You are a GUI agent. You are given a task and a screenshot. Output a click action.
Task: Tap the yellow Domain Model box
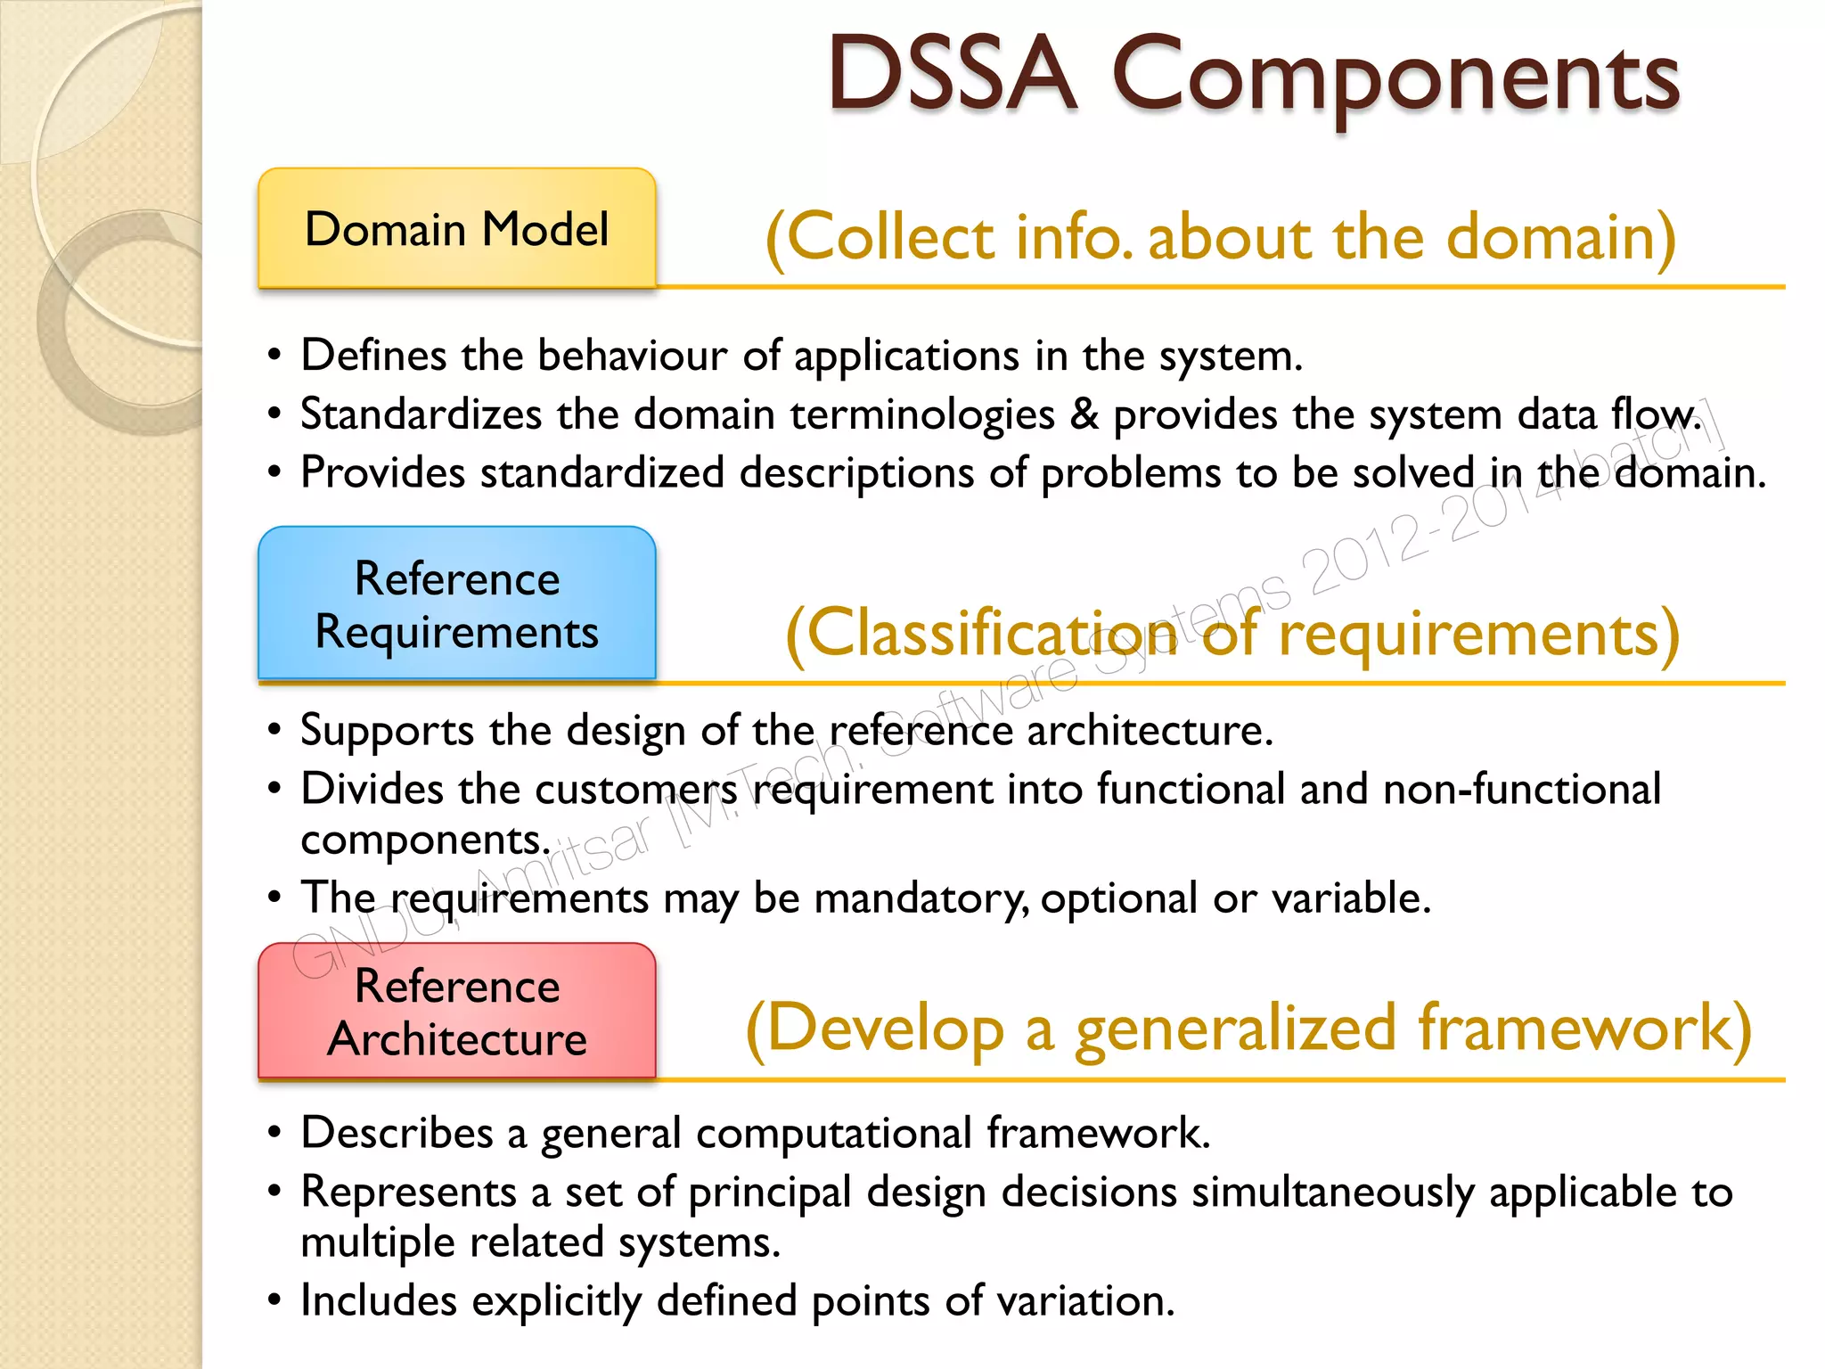click(x=457, y=229)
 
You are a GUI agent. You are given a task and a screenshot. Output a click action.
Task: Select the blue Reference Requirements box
click(x=457, y=604)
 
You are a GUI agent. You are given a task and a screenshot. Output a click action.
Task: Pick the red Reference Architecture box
click(x=457, y=1012)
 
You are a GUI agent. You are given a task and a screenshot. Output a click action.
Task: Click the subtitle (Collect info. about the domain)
click(x=1220, y=237)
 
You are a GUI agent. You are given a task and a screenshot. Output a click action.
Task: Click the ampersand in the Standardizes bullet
click(x=1084, y=414)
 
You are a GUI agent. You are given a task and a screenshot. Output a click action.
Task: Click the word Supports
click(x=387, y=732)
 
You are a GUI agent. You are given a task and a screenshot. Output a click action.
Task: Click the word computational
click(x=833, y=1134)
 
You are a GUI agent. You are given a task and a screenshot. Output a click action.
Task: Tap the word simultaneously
click(x=1332, y=1193)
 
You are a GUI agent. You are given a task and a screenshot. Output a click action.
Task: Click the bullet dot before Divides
click(x=274, y=789)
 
